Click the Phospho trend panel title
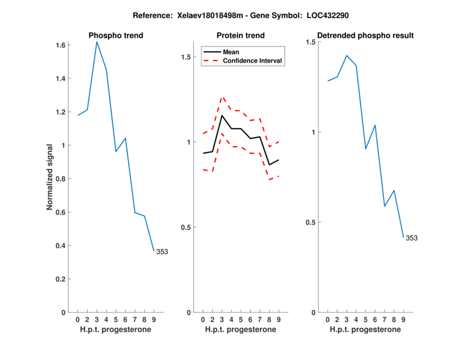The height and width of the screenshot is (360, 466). point(115,36)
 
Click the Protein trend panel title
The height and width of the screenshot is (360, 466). point(241,36)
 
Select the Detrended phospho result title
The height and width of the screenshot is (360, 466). point(365,36)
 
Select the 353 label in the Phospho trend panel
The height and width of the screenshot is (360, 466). point(163,252)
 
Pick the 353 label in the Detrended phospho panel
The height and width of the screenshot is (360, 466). point(411,238)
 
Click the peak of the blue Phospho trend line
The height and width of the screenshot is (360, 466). point(97,41)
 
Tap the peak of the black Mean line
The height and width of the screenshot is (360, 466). point(221,115)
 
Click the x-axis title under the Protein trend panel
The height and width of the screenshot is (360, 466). point(241,330)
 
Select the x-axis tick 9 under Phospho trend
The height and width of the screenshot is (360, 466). point(154,320)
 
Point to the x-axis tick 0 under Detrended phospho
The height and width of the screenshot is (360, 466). point(327,320)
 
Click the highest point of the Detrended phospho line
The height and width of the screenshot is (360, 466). point(347,55)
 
